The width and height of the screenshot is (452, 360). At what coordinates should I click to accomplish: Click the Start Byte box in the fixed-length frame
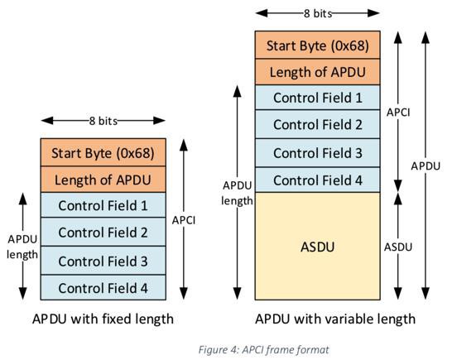point(103,152)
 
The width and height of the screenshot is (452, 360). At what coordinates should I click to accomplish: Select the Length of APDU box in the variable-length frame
point(317,72)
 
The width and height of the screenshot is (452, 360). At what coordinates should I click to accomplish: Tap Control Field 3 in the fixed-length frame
point(103,261)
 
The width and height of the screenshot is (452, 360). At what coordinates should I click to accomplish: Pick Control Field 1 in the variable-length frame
point(317,98)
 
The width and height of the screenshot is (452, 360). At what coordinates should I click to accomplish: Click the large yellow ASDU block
point(317,246)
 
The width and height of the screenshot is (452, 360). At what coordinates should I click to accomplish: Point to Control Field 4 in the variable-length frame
point(317,180)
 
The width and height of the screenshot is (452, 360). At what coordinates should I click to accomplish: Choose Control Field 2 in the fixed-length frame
point(103,232)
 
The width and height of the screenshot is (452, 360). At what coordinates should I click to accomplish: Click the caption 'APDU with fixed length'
point(103,319)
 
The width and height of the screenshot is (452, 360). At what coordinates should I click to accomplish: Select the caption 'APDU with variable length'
point(335,319)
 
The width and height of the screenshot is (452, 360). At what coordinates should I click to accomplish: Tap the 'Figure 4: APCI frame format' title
point(263,350)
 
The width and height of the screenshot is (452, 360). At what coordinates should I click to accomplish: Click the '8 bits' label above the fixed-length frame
point(103,121)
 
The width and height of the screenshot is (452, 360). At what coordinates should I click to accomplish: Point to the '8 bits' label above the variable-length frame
point(318,13)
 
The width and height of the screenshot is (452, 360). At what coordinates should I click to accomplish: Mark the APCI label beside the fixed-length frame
point(184,220)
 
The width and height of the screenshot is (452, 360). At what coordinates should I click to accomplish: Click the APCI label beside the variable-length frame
point(398,113)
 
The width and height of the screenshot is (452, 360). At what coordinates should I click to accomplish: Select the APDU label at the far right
point(426,166)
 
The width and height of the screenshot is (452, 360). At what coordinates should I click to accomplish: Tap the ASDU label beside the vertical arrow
point(398,247)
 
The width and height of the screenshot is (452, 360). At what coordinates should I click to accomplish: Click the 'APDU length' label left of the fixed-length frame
point(22,247)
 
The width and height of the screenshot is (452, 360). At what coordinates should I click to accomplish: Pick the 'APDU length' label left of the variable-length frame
point(238,193)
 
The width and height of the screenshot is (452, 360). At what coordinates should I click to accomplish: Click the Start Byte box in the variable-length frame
point(317,45)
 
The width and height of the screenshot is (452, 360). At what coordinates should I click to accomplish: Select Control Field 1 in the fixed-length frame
point(103,205)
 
